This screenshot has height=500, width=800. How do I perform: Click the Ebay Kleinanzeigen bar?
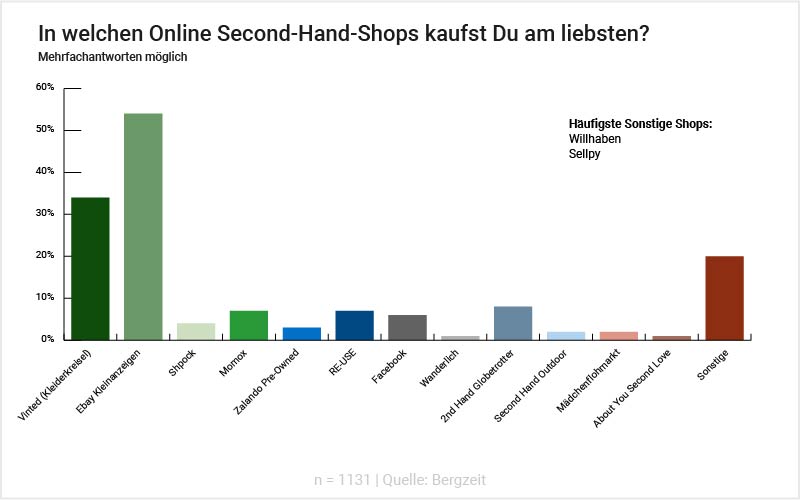click(143, 226)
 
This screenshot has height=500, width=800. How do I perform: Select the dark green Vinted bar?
click(90, 268)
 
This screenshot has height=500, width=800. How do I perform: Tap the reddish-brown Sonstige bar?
click(724, 298)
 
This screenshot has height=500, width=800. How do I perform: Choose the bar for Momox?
click(249, 325)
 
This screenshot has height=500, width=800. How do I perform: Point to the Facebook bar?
click(407, 327)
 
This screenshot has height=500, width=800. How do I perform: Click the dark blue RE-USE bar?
click(355, 325)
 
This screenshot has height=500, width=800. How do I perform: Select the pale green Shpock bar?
click(196, 331)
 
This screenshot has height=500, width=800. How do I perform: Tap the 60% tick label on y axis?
click(44, 87)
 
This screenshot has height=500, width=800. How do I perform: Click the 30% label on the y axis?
click(44, 213)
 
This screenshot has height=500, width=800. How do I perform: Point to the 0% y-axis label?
click(47, 339)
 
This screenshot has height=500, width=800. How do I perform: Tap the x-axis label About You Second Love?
click(632, 388)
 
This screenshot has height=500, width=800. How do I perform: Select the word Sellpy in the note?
click(584, 154)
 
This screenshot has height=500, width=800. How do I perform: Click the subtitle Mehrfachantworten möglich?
click(113, 57)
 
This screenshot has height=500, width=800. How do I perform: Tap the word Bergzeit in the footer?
click(460, 480)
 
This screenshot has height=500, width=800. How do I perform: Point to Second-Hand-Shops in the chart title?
click(299, 32)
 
